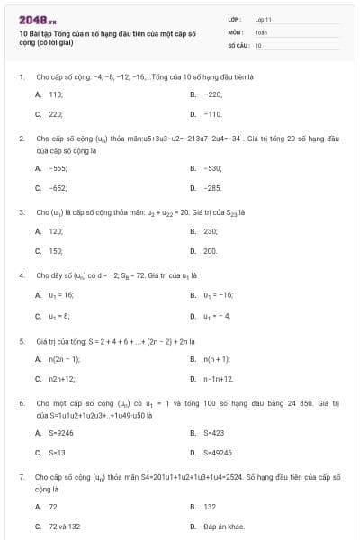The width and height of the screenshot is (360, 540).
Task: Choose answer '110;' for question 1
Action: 55,94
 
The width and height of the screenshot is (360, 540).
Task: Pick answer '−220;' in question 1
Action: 212,94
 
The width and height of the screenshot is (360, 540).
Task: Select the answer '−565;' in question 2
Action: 57,168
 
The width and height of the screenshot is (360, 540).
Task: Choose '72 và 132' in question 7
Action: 64,526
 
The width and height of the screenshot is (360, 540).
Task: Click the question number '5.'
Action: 22,342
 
